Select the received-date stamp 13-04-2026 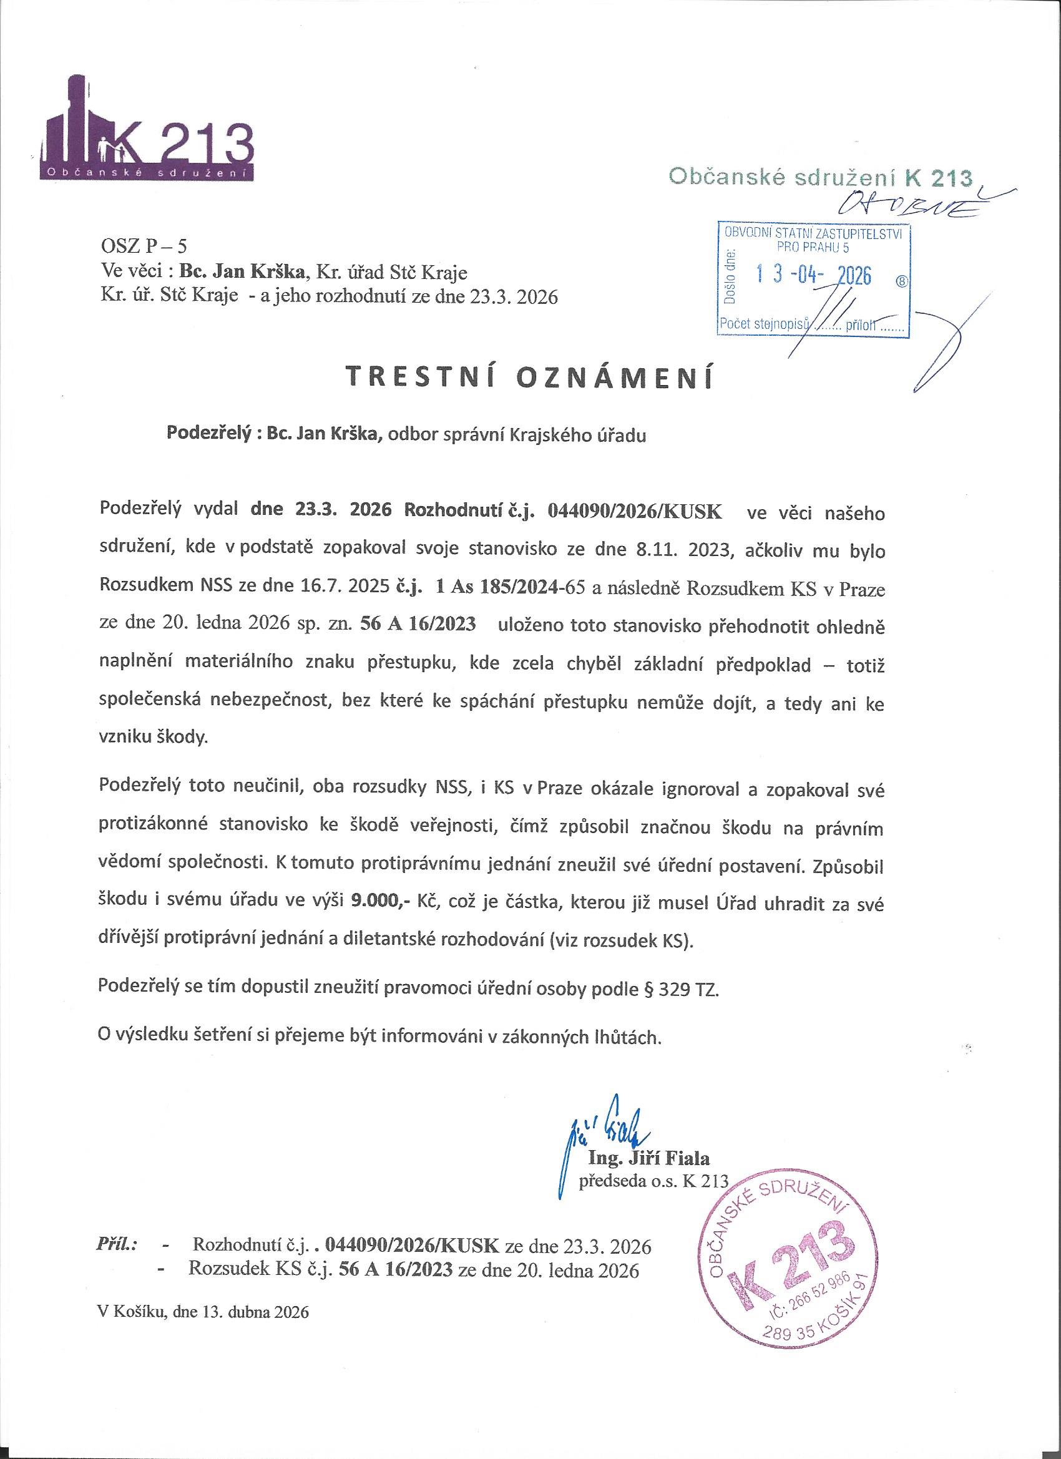click(813, 275)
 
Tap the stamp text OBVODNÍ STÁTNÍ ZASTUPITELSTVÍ click(813, 233)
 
